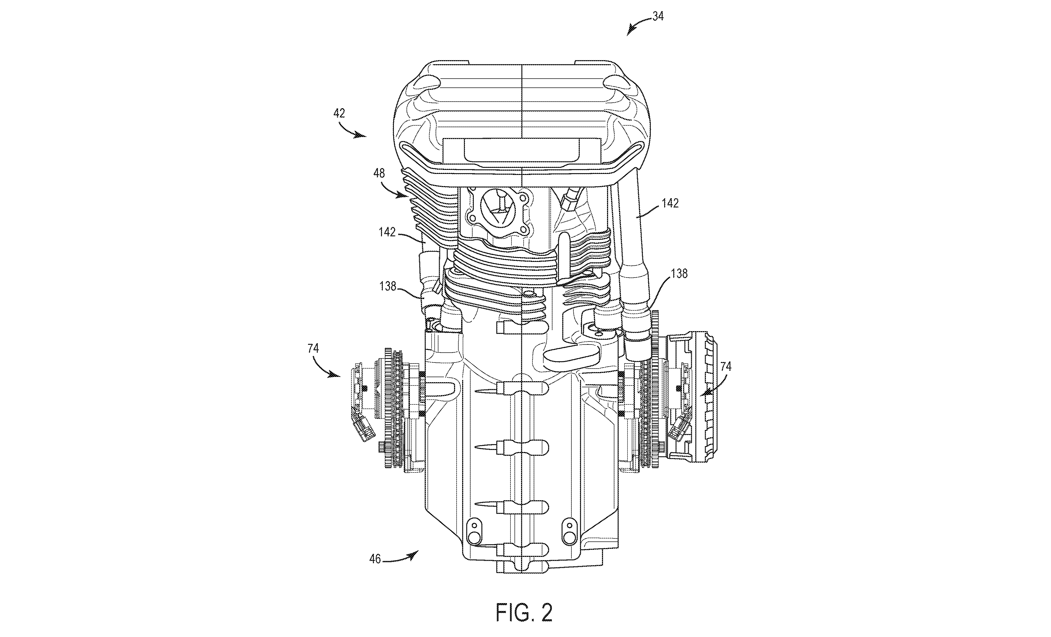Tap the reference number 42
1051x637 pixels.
click(x=339, y=113)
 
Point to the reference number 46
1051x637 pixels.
click(x=375, y=559)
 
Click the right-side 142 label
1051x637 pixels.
click(x=670, y=203)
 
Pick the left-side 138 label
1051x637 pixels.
click(x=388, y=286)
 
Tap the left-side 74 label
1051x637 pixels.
click(x=313, y=348)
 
